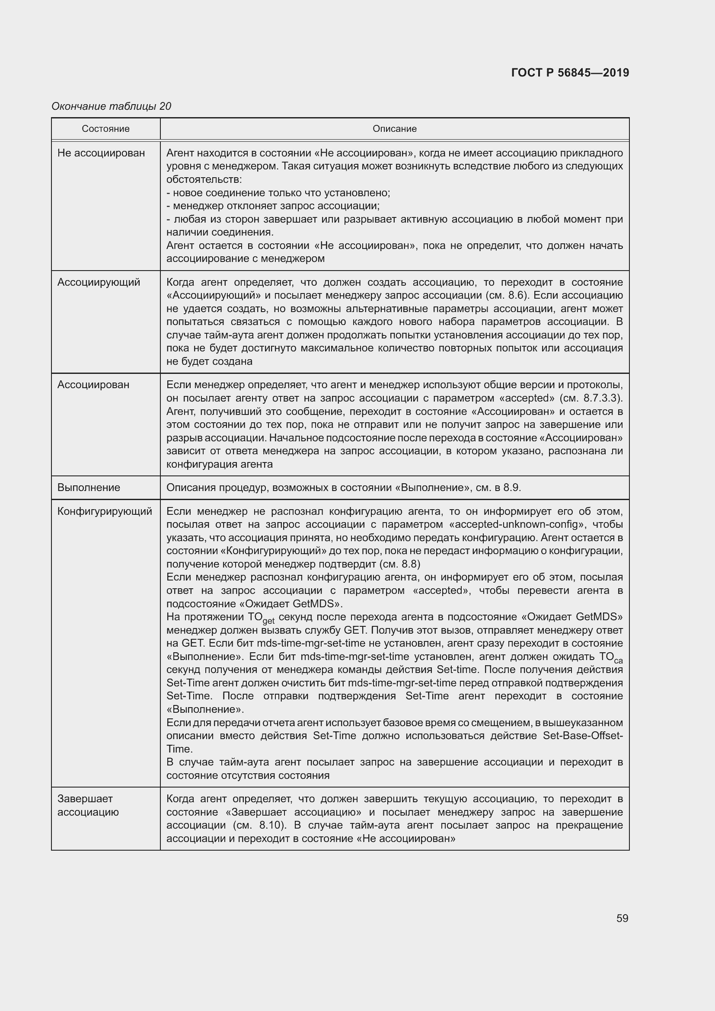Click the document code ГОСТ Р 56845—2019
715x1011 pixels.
[570, 73]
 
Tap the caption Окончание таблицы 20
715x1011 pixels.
[112, 106]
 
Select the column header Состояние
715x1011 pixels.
[105, 128]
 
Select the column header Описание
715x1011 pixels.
[394, 128]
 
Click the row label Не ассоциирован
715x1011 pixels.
[101, 153]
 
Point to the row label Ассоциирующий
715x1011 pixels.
[99, 282]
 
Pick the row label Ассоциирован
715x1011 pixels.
[93, 385]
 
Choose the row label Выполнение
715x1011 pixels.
[89, 488]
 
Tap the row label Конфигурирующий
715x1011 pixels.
[105, 511]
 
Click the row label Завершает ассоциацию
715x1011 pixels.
[88, 805]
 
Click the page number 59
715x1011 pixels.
[622, 918]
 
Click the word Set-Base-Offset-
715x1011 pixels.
[582, 736]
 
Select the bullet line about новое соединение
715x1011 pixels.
[278, 193]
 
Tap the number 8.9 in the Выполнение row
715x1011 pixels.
[511, 488]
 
